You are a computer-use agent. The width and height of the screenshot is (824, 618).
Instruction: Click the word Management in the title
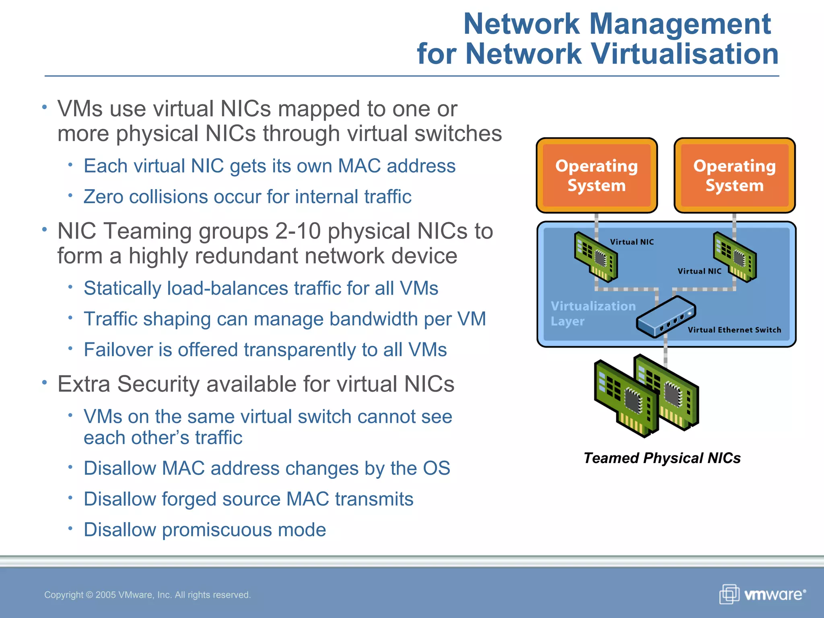point(680,24)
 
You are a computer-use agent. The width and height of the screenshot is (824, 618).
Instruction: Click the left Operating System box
point(597,175)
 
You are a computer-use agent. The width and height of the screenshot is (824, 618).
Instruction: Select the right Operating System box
point(735,175)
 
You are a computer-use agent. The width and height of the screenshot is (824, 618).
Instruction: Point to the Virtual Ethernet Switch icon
point(666,316)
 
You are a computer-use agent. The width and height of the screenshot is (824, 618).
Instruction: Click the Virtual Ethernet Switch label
point(734,330)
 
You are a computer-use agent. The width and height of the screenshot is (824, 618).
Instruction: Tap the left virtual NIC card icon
point(596,256)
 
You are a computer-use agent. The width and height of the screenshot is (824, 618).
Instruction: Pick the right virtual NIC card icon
point(735,257)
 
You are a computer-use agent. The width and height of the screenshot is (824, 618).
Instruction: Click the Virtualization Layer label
point(592,313)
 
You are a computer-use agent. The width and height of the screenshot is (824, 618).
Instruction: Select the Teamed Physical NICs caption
point(662,458)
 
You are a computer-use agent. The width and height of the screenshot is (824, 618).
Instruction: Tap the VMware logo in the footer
point(763,594)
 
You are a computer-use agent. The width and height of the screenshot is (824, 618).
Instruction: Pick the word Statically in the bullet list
point(122,288)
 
